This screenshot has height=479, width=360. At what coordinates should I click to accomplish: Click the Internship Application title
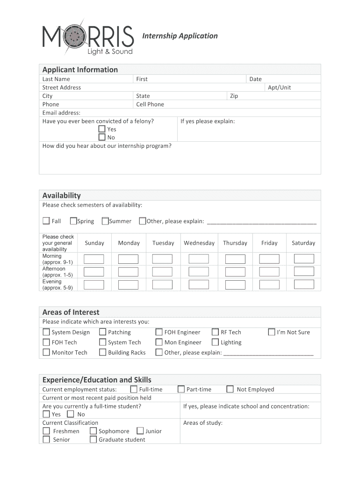180,36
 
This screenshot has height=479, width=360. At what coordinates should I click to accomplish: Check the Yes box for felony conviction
102,129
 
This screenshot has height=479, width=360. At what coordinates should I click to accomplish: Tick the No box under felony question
102,138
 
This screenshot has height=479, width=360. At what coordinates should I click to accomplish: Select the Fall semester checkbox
46,221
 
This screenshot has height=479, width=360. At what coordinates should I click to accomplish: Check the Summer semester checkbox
105,221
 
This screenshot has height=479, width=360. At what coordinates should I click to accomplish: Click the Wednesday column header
199,243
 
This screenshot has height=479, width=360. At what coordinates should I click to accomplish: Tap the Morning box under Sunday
94,259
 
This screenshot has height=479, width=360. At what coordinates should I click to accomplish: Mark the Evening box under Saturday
303,284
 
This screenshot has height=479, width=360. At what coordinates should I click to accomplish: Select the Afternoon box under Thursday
235,272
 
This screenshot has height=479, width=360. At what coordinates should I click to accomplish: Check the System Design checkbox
46,332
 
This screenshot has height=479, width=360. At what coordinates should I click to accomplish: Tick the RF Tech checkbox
215,332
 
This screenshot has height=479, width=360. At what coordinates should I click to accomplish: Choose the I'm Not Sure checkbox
271,332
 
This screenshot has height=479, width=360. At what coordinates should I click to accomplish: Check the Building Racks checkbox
102,352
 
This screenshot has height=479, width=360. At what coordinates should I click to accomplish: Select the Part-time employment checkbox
181,389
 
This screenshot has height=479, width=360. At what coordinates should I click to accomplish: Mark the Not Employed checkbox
230,389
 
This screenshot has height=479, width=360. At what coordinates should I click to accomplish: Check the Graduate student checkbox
93,440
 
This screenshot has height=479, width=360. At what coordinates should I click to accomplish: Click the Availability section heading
62,196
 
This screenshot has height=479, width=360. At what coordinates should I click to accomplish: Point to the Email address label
61,113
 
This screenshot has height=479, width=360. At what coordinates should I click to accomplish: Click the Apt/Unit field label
279,87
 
